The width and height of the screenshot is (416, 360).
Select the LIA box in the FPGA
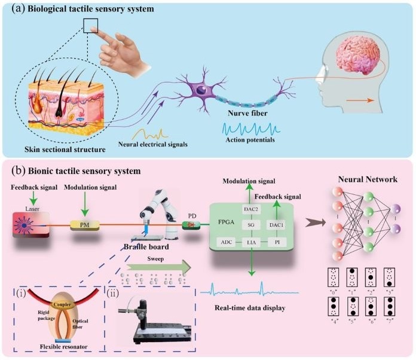252,241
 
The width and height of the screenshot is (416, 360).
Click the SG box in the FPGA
252,224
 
